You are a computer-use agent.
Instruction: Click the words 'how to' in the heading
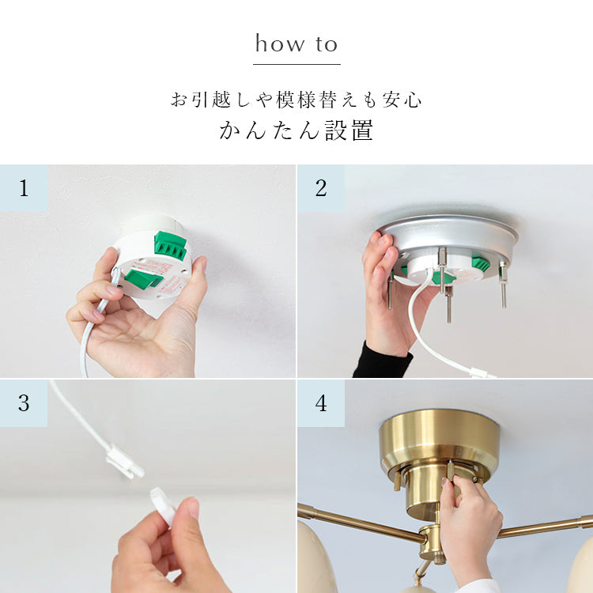point(296,43)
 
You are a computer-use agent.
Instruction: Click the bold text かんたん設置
point(296,130)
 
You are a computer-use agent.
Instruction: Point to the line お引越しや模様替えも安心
point(296,100)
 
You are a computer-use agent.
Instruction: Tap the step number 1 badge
point(24,188)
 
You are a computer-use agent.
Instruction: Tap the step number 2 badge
point(321,188)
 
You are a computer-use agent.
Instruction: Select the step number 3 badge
point(24,403)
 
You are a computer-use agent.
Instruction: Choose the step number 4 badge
point(321,403)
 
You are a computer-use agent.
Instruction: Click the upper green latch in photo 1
point(170,245)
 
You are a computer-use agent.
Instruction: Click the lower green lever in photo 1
point(144,279)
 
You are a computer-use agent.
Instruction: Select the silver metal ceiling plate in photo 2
point(448,238)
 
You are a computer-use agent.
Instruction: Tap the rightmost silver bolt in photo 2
point(503,285)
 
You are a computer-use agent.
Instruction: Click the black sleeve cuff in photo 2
point(382,361)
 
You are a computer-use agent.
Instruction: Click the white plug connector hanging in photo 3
point(125,463)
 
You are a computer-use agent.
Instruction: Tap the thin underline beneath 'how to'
point(296,64)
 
